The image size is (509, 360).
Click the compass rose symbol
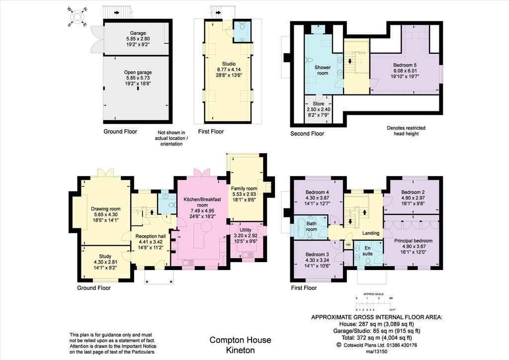(x=77, y=17)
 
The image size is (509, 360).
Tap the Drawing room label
(x=105, y=209)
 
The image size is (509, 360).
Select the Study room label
(x=105, y=256)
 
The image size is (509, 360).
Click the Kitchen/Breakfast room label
(x=202, y=202)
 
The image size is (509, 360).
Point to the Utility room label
(x=246, y=230)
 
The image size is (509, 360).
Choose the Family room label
(x=244, y=188)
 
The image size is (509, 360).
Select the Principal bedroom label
(x=413, y=241)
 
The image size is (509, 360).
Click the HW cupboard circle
(x=348, y=245)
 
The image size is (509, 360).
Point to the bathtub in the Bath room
(x=301, y=229)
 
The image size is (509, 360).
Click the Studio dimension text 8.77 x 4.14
(x=229, y=70)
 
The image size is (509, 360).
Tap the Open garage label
(x=138, y=73)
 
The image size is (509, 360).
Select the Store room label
(x=319, y=104)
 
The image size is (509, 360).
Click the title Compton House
(x=240, y=340)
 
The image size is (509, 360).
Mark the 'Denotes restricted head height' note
(x=406, y=131)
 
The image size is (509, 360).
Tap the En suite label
(x=367, y=251)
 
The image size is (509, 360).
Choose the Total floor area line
(x=377, y=338)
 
